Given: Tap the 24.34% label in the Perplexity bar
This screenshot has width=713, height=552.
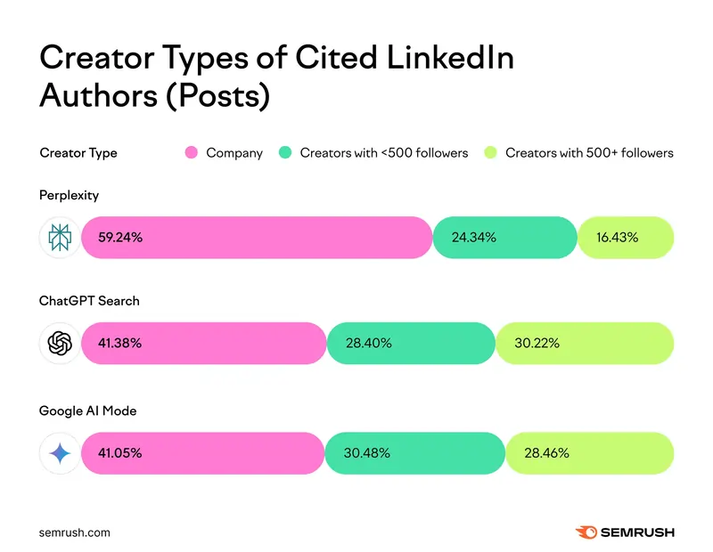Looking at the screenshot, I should click(474, 238).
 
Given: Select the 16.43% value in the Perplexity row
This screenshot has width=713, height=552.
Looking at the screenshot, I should click(617, 238).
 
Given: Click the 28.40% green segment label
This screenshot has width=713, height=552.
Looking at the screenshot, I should click(369, 343).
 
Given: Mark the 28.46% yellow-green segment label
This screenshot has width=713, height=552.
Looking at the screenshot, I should click(546, 453).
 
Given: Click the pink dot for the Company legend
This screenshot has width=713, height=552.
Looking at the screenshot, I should click(190, 152).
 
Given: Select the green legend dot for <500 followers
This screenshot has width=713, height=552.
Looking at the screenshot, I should click(284, 152).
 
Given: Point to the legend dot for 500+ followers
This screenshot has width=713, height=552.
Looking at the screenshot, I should click(489, 152).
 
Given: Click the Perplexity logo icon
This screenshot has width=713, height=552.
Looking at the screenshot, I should click(60, 238).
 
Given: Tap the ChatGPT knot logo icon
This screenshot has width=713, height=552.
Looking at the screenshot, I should click(60, 343).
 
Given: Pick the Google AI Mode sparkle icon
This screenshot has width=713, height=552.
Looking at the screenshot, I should click(60, 453).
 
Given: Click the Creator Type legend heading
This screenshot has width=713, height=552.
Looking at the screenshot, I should click(78, 152).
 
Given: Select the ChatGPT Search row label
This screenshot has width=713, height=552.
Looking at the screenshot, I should click(89, 301).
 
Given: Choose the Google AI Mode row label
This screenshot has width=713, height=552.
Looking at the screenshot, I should click(87, 410).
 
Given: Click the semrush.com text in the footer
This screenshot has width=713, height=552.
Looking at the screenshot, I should click(75, 532).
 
